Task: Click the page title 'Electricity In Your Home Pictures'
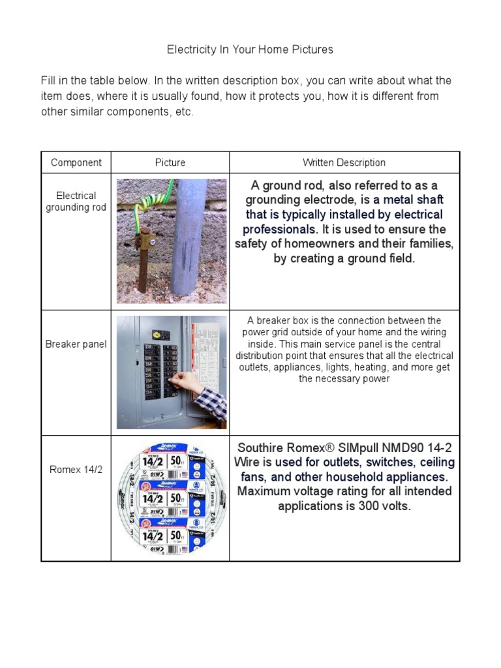(250, 50)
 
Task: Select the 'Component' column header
(76, 162)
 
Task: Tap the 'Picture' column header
(170, 162)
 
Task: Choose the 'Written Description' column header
(344, 162)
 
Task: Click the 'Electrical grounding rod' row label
(76, 202)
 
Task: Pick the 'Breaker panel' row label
(76, 344)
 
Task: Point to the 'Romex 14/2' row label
(76, 469)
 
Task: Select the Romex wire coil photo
(170, 498)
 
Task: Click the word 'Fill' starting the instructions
(49, 81)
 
